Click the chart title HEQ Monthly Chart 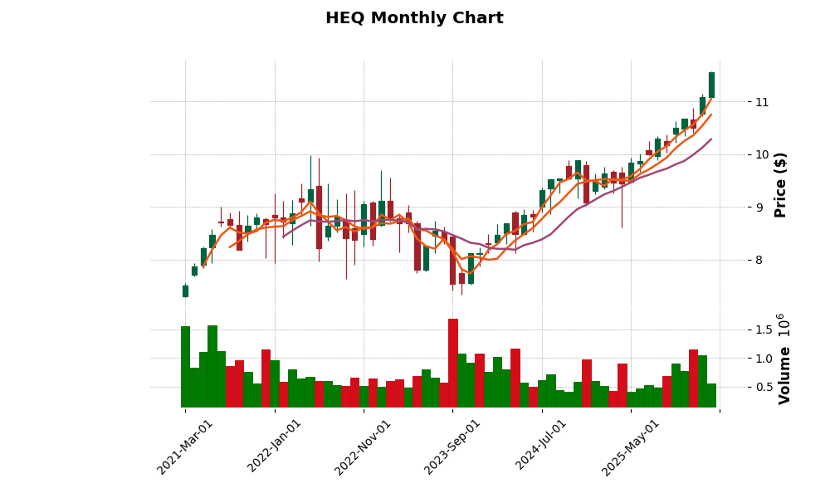[x=414, y=18]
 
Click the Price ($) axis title [x=780, y=184]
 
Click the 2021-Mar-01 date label [x=185, y=447]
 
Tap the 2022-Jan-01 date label [x=275, y=447]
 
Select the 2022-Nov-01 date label [x=363, y=447]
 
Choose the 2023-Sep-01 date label [x=452, y=447]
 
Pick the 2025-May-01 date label [x=631, y=447]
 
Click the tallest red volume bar [x=453, y=363]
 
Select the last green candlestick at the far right [x=711, y=85]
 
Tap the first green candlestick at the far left [x=185, y=290]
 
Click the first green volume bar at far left [x=185, y=367]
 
